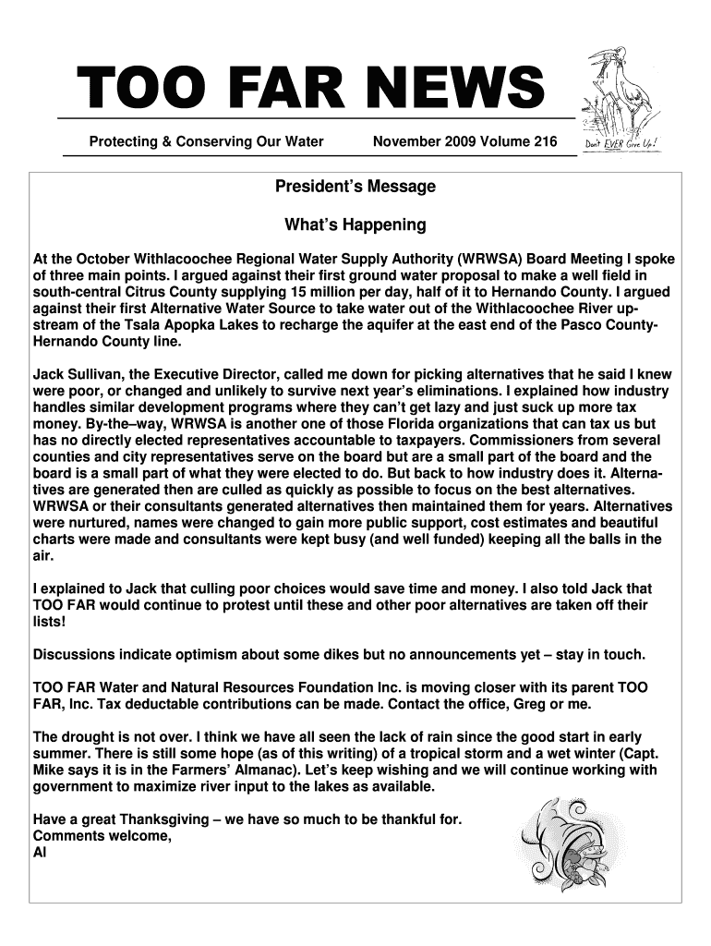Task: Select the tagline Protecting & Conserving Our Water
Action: [x=206, y=141]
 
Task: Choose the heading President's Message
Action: [x=355, y=188]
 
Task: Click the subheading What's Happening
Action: [x=355, y=224]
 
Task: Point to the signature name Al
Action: [x=39, y=852]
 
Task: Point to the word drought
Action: [x=89, y=736]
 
